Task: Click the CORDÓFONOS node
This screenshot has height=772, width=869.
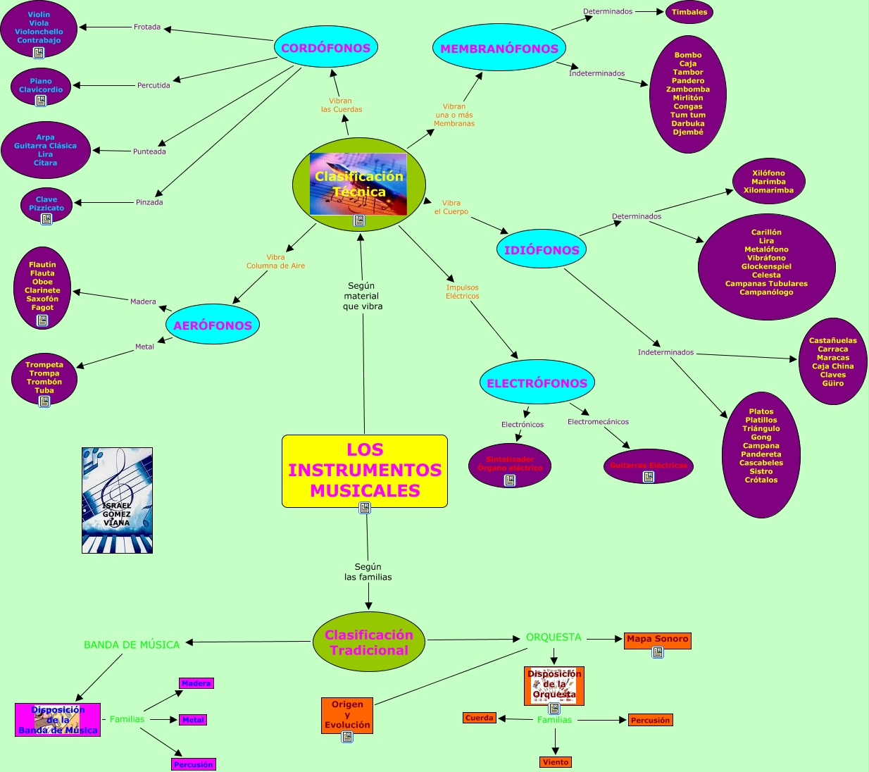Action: (326, 48)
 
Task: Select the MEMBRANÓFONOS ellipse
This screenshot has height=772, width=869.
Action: (499, 48)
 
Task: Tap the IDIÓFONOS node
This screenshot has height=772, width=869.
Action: (542, 249)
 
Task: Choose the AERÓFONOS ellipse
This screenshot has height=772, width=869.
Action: (213, 325)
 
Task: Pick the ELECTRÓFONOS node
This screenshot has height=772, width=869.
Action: (537, 382)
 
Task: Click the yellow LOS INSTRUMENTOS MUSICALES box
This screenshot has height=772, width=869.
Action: (365, 470)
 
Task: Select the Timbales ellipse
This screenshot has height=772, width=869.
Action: (689, 12)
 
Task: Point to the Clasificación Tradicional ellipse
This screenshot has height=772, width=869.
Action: (369, 642)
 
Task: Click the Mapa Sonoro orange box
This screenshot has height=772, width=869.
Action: (657, 639)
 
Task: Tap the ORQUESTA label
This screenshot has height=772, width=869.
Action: (554, 637)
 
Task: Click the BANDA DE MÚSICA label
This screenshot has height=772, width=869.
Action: (132, 645)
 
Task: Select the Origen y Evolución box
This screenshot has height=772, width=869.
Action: (347, 714)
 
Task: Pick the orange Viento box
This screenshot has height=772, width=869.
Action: (556, 762)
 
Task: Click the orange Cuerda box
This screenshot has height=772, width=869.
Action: (480, 718)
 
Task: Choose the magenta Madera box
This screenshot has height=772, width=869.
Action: (196, 683)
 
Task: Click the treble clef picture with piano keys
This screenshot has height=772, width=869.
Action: (117, 500)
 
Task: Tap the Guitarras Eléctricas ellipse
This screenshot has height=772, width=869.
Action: (649, 466)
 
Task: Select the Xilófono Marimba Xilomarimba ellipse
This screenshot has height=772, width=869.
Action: (768, 181)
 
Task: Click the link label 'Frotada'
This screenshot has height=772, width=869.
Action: (147, 27)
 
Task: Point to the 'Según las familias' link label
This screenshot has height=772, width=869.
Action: (368, 571)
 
